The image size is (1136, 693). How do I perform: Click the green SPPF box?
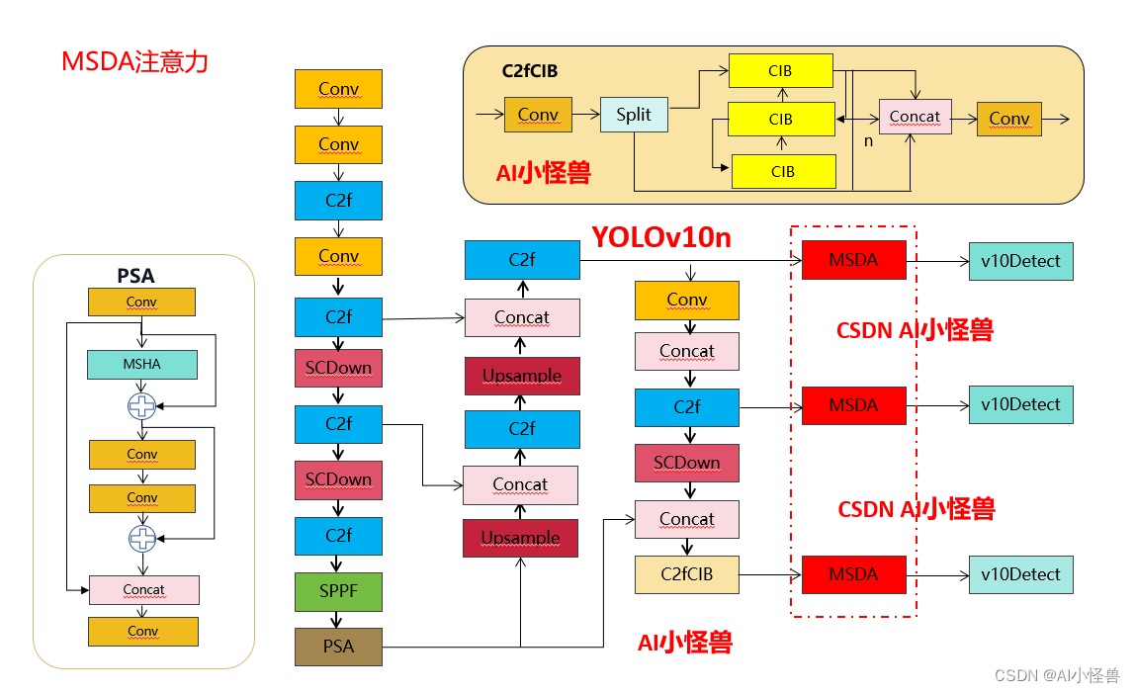coord(338,591)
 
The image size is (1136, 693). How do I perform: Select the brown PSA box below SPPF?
coord(338,647)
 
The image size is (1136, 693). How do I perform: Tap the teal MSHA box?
coord(142,365)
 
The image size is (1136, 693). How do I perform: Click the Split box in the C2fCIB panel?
coord(634,114)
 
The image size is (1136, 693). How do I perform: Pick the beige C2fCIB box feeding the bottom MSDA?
coord(686,574)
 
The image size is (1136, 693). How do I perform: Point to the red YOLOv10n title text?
coord(661,237)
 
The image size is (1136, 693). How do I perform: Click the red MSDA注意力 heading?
coord(134,62)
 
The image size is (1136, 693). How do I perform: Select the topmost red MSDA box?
coord(853,261)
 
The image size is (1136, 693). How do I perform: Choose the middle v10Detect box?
coord(1020,404)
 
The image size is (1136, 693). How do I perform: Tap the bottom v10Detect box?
coord(1020,574)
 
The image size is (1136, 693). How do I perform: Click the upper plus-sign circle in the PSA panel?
coord(142,404)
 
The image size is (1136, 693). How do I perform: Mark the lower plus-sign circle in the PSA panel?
coord(142,538)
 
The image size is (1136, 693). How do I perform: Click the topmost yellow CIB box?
coord(780,71)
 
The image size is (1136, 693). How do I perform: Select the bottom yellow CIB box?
coord(782,171)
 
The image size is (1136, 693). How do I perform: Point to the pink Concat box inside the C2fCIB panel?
coord(915,117)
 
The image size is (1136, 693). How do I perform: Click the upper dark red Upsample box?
coord(521,376)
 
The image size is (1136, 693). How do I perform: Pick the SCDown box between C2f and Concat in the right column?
coord(686,463)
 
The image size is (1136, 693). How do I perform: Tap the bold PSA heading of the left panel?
coord(136,276)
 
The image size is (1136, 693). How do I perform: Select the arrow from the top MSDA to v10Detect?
coord(936,261)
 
